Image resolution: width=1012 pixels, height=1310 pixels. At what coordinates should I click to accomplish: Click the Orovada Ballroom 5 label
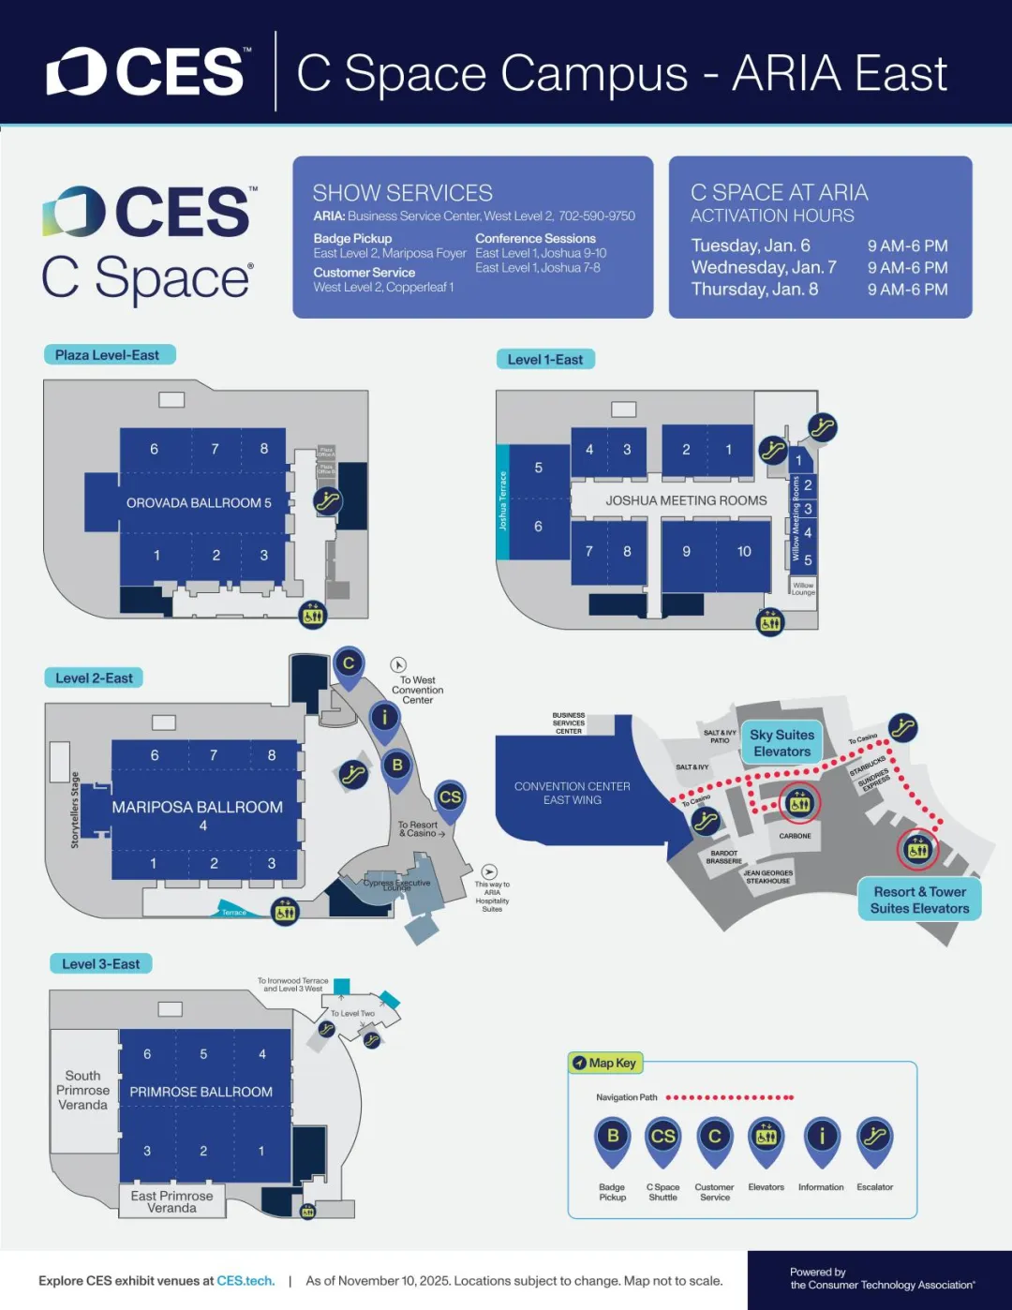tap(199, 503)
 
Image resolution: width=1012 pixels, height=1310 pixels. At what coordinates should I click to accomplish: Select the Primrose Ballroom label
tap(201, 1092)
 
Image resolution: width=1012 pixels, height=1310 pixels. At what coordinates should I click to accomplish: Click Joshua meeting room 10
tap(744, 552)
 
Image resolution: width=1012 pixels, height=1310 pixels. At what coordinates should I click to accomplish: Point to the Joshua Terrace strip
tap(502, 501)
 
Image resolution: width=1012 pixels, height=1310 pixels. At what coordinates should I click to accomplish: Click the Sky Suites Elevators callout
tap(781, 743)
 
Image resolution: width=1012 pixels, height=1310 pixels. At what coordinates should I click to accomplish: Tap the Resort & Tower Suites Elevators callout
tap(919, 900)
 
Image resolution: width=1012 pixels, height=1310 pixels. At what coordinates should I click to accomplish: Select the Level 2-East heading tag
tap(94, 677)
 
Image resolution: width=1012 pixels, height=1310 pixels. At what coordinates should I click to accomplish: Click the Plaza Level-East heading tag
tap(108, 355)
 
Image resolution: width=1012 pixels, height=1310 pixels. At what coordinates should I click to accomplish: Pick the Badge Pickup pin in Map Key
tap(613, 1138)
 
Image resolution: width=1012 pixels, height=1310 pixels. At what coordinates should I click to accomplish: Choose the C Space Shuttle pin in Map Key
tap(662, 1138)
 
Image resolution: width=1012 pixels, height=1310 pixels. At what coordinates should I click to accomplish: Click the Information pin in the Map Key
tap(822, 1138)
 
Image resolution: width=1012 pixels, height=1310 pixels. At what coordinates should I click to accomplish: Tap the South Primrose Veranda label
tap(82, 1090)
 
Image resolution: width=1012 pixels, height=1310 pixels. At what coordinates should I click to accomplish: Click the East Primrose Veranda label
tap(172, 1201)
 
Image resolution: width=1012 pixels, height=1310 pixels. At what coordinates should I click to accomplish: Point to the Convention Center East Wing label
tap(573, 793)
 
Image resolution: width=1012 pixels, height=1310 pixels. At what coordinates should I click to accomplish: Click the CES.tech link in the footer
tap(246, 1281)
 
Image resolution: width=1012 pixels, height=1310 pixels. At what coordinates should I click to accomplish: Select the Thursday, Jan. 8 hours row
tap(819, 290)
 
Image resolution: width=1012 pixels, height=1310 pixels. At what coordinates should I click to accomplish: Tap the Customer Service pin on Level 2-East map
tap(349, 664)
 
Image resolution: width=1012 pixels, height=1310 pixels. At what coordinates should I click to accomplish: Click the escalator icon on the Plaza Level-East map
tap(327, 501)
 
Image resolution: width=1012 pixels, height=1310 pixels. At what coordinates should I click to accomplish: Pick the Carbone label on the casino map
tap(795, 836)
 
